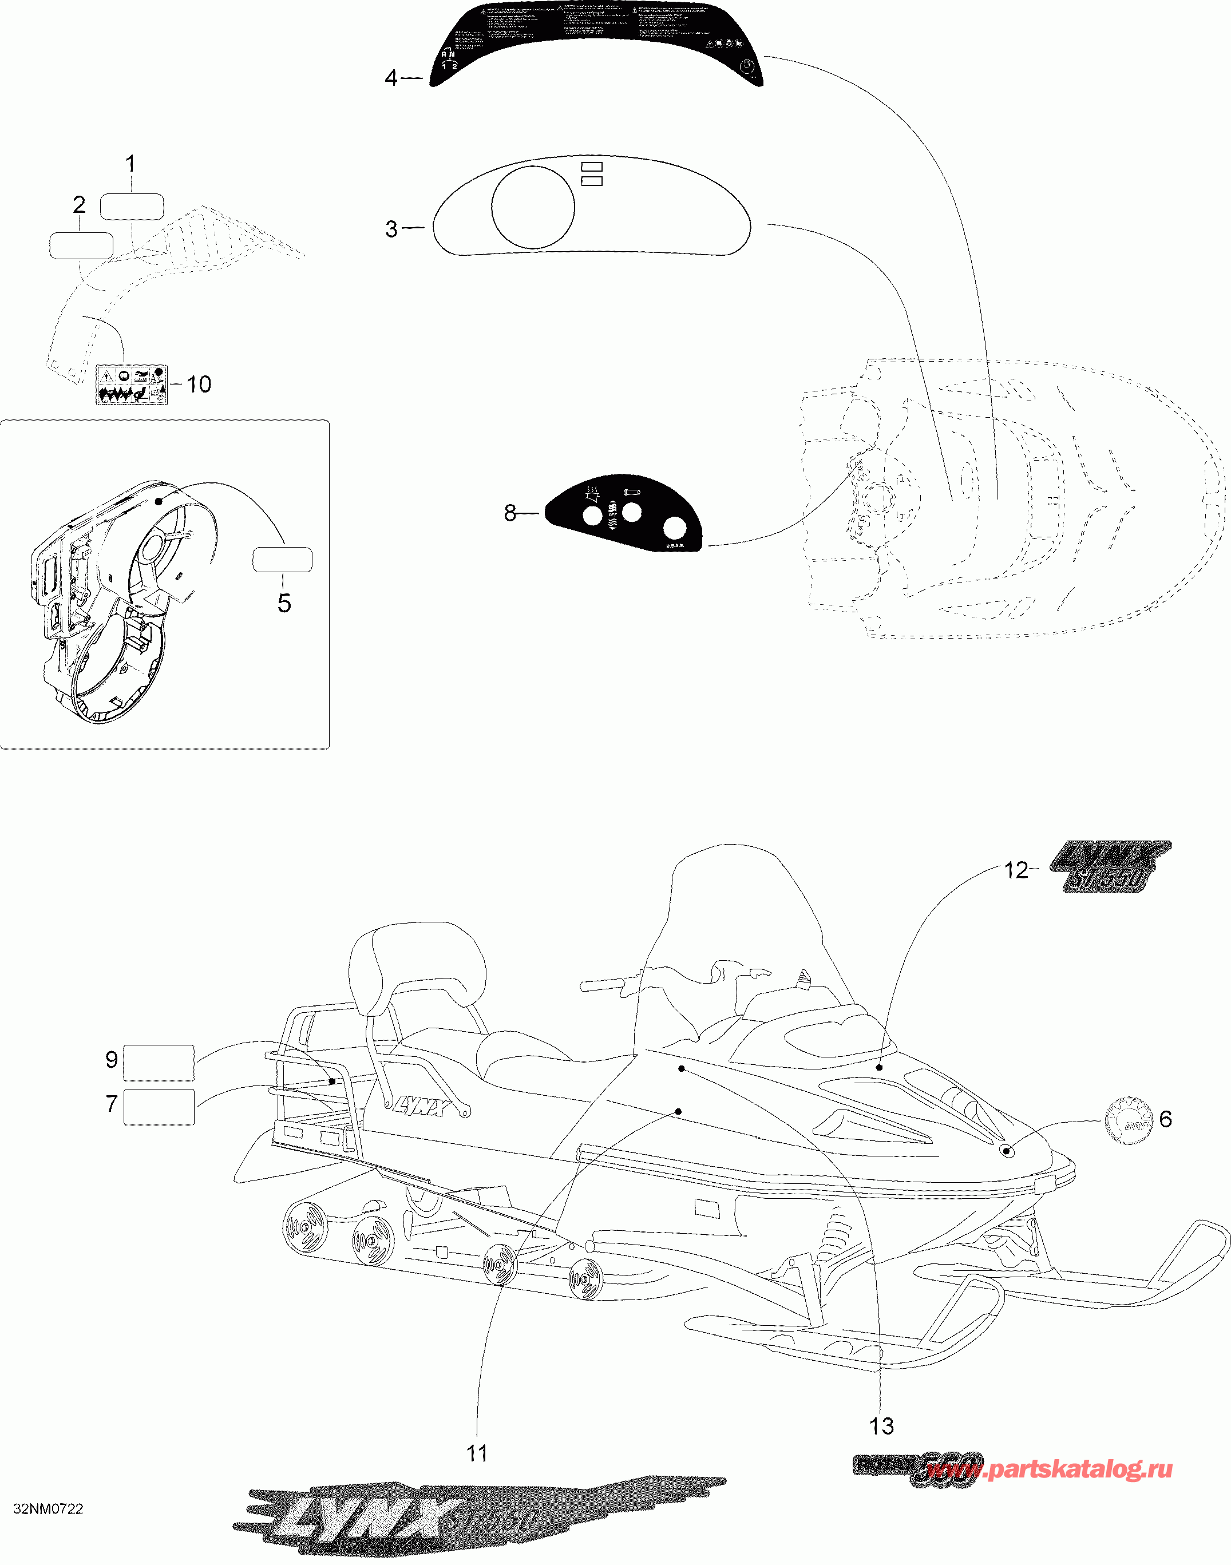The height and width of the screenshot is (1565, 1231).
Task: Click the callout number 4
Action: click(391, 78)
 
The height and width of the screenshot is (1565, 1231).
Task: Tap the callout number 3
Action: click(391, 229)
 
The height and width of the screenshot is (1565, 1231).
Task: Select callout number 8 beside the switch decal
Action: click(510, 513)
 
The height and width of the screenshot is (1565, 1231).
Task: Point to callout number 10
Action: click(199, 384)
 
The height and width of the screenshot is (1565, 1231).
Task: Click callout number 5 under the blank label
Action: click(284, 603)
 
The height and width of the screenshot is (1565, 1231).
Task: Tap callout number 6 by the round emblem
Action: click(1165, 1119)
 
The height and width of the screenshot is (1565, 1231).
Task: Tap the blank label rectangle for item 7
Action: click(159, 1106)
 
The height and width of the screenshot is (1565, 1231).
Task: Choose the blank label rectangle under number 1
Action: click(132, 207)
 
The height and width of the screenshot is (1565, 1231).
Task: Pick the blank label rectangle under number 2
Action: click(81, 245)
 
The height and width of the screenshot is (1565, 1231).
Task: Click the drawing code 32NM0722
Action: click(48, 1509)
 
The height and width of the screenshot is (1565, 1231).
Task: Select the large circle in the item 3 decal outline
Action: click(533, 208)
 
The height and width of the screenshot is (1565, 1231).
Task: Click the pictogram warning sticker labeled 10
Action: click(132, 385)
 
